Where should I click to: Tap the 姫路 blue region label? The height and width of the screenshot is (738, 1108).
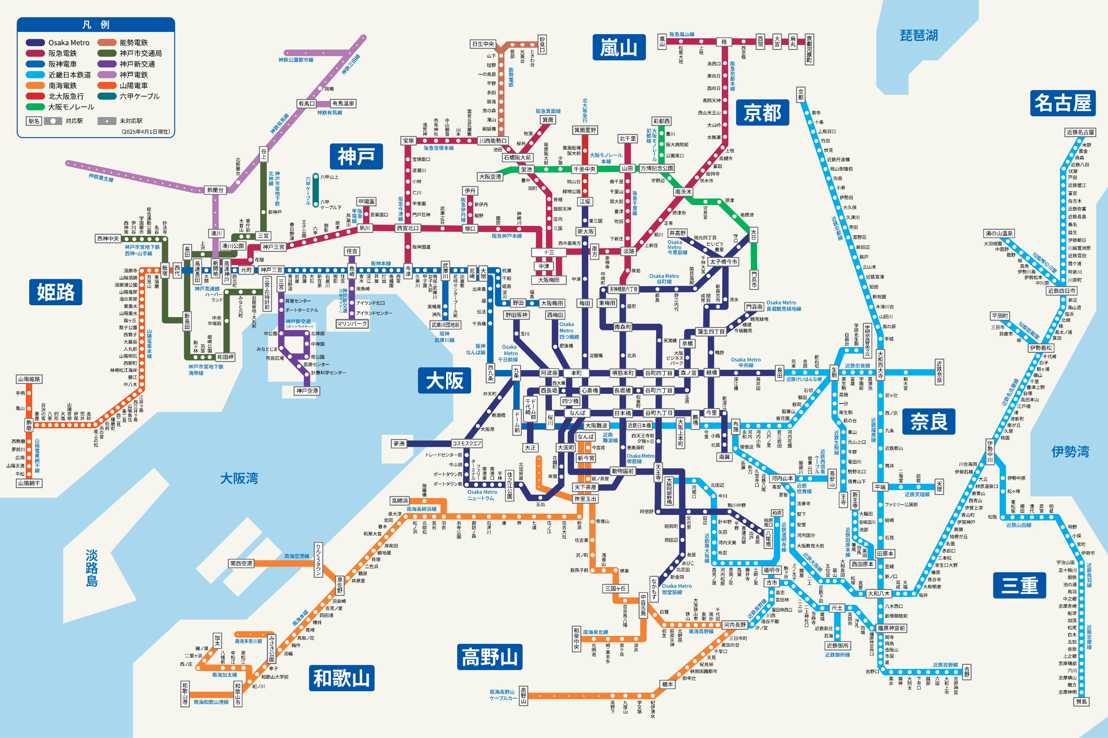click(56, 292)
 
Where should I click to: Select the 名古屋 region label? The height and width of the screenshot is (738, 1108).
click(1063, 103)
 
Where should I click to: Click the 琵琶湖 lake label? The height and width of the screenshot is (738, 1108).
click(918, 35)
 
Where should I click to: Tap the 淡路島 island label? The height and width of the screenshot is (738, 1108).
click(92, 568)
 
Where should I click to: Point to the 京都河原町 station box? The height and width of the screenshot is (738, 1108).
click(809, 49)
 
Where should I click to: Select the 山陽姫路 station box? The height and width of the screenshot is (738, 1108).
click(29, 379)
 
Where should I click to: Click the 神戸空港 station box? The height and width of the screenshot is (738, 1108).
click(307, 391)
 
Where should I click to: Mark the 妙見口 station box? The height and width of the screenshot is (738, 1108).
click(542, 45)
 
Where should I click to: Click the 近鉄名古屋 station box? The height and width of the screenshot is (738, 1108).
click(1080, 132)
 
